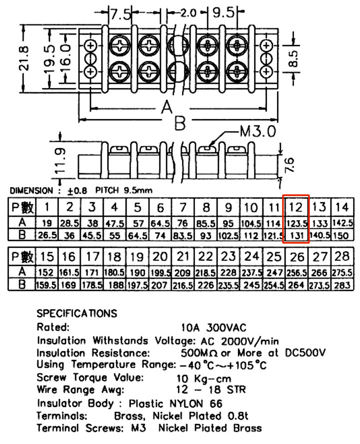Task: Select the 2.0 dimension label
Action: [188, 13]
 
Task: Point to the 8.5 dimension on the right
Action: [293, 59]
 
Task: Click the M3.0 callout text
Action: [257, 131]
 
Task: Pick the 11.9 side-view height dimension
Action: [60, 160]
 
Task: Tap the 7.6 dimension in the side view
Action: [289, 165]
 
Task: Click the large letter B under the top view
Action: [180, 123]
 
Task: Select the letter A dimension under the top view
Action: [167, 108]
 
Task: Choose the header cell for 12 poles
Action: [296, 207]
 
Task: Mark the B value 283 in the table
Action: [342, 285]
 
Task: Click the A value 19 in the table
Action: [47, 223]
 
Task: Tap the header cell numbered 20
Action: [160, 257]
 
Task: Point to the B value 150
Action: [342, 236]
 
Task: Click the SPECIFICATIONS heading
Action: [76, 313]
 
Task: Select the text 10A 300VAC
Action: [213, 328]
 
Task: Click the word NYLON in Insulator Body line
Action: [186, 403]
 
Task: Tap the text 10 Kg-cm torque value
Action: [204, 378]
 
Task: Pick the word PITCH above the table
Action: [107, 190]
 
